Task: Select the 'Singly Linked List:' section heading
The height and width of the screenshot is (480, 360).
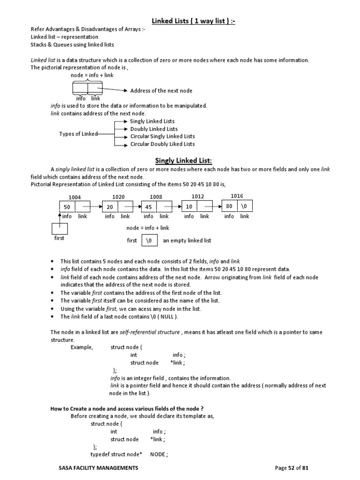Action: click(x=180, y=161)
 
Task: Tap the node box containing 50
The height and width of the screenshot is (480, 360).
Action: click(x=67, y=207)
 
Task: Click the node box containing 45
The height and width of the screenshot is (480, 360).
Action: click(x=149, y=207)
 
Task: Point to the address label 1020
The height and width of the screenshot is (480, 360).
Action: click(x=119, y=197)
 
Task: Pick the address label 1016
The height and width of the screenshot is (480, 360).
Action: click(x=237, y=196)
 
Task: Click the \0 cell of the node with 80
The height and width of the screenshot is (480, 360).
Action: click(x=245, y=206)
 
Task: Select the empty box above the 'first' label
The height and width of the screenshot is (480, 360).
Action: click(x=59, y=229)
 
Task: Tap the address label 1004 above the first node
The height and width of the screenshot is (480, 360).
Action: click(x=75, y=197)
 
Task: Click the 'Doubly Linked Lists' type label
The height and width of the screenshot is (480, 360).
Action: click(x=154, y=129)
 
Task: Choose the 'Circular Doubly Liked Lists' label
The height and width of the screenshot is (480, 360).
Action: click(x=162, y=144)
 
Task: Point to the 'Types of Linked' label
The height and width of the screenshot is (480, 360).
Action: click(x=78, y=134)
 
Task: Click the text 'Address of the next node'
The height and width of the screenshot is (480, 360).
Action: click(x=161, y=90)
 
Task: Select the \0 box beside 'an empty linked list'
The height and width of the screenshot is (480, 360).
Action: click(x=149, y=240)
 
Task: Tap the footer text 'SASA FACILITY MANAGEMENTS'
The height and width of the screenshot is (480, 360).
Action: click(x=98, y=468)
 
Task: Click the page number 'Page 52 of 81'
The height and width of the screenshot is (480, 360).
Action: click(x=292, y=468)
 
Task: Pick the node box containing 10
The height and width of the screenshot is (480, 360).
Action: click(x=189, y=207)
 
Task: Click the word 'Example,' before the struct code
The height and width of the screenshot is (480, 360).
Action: click(x=82, y=347)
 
